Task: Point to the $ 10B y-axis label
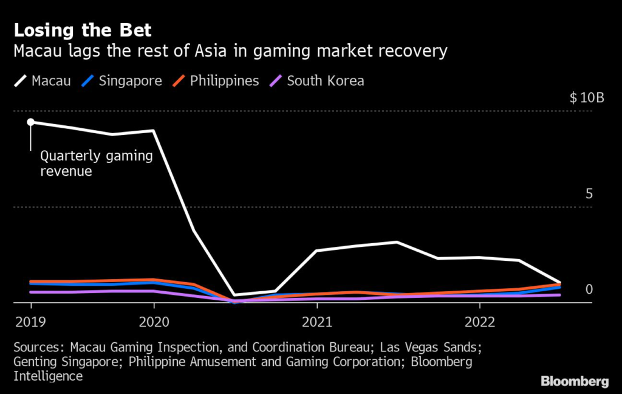click(x=587, y=98)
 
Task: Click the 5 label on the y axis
click(x=589, y=194)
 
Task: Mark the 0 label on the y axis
click(x=589, y=289)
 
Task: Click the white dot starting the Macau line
click(x=30, y=122)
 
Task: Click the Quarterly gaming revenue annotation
click(x=96, y=164)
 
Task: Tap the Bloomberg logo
click(x=575, y=381)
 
